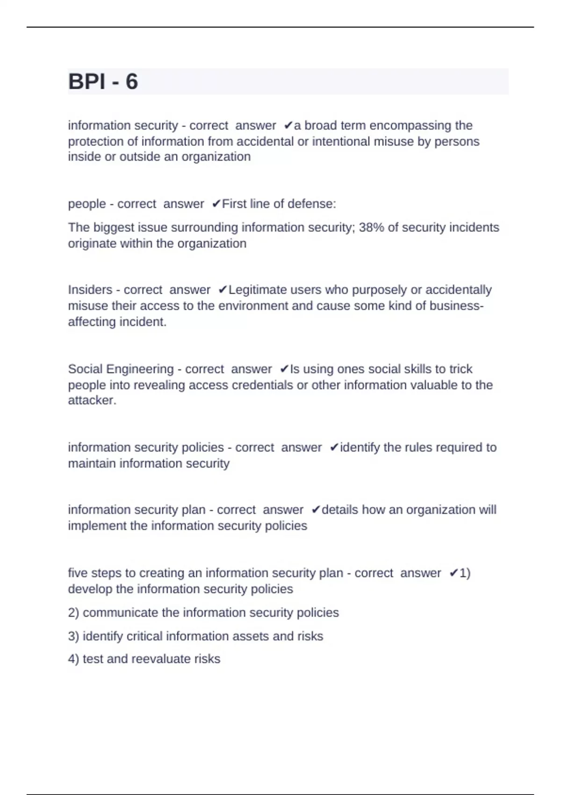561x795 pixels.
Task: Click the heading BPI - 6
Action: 103,81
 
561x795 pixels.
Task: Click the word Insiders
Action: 90,290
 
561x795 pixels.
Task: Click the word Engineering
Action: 141,369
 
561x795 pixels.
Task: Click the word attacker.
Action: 92,400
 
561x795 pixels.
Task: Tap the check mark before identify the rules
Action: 334,448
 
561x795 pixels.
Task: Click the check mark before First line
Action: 216,204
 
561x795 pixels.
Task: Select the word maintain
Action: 92,463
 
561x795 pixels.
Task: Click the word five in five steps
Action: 78,573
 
